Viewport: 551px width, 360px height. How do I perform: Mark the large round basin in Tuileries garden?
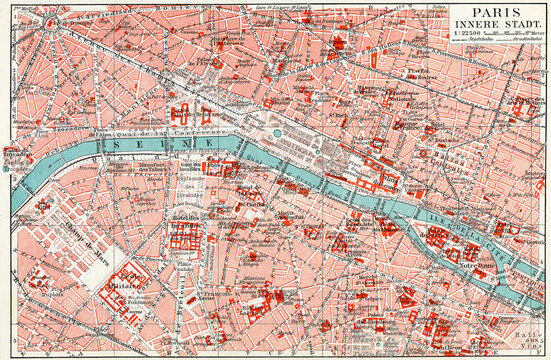click(277, 133)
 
